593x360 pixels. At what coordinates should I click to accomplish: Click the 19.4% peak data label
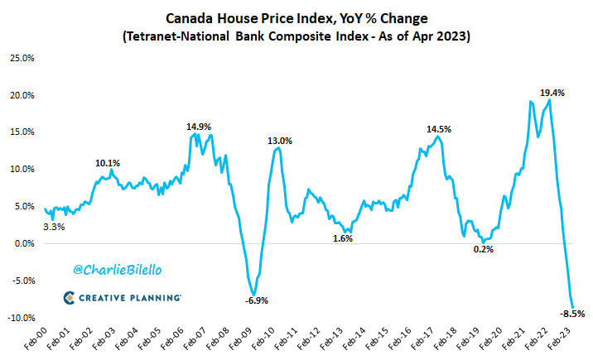552,94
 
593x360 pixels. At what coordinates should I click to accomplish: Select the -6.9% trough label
256,300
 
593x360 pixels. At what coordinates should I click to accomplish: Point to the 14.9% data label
197,127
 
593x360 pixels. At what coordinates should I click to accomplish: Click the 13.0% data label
279,141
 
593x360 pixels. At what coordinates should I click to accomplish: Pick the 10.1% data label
108,163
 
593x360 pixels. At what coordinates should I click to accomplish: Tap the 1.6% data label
342,239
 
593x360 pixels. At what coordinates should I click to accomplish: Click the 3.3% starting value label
55,226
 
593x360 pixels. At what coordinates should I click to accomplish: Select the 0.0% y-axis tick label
22,243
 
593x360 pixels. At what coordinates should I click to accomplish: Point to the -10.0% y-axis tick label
21,318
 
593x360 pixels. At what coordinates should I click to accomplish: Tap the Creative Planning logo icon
70,298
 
